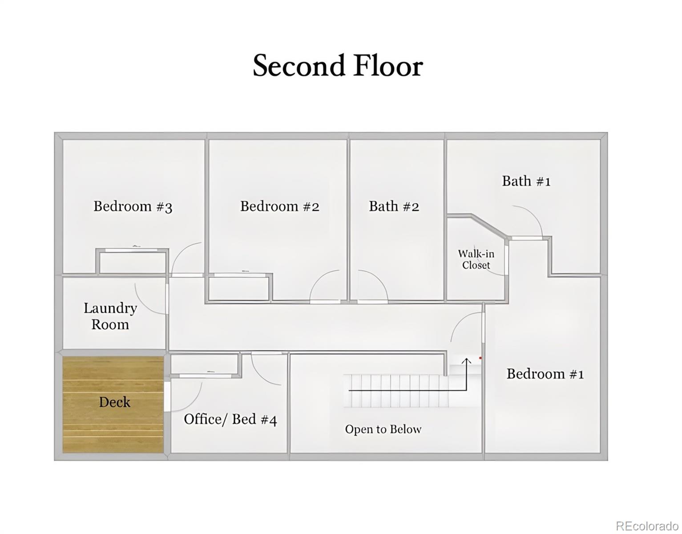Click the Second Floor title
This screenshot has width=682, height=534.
coord(338,66)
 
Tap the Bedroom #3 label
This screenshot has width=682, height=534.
coord(133,206)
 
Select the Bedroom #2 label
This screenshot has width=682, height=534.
coord(280,206)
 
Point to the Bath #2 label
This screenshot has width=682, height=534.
coord(394,206)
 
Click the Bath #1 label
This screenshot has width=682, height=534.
coord(526,181)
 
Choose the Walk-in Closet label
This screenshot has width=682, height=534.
coord(476,259)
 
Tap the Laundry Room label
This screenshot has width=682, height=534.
coord(110,316)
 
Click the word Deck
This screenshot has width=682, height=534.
coord(114,402)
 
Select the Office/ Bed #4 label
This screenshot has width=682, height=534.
coord(230,419)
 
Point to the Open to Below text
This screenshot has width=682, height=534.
coord(383,429)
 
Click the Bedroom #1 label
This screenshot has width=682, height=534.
coord(545,374)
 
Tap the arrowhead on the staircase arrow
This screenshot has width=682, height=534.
coord(466,360)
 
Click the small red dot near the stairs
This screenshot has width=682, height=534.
coord(480,357)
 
